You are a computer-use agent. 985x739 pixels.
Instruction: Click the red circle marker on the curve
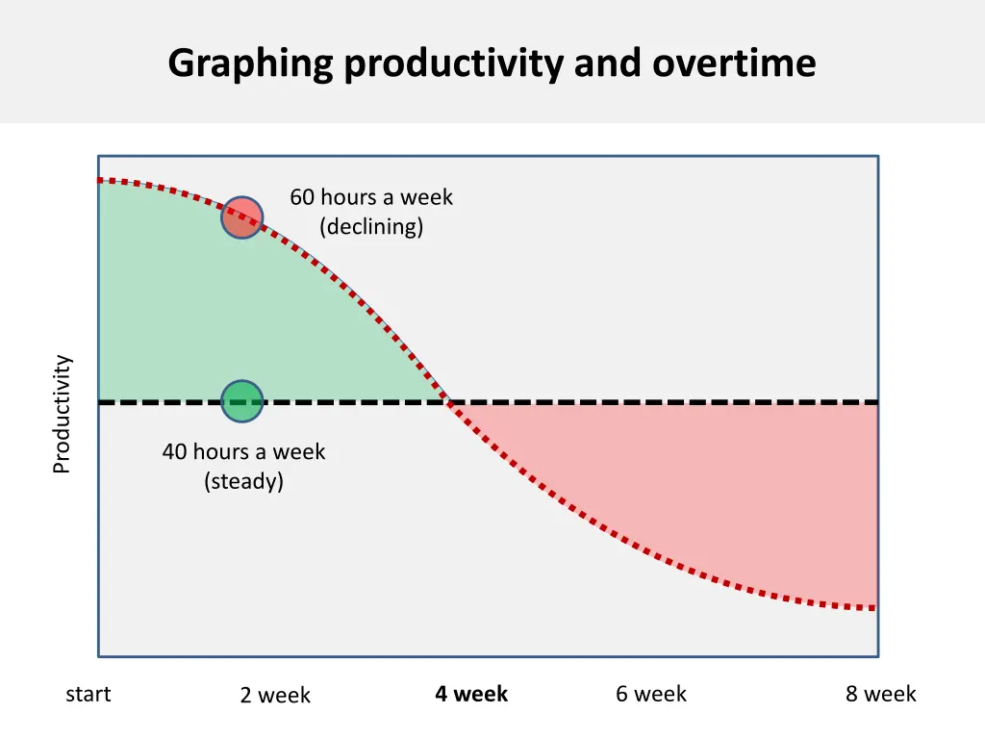241,217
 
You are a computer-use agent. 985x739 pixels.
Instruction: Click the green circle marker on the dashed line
241,401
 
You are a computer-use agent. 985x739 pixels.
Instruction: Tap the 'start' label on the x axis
88,694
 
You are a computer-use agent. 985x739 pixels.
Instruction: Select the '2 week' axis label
275,695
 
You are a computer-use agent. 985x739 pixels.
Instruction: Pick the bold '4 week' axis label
470,694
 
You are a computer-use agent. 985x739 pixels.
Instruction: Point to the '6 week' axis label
651,694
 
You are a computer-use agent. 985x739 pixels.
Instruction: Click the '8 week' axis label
880,694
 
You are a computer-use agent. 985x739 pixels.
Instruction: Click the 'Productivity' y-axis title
62,414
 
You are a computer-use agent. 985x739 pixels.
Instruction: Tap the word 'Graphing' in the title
249,64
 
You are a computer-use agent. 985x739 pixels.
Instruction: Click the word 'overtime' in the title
734,64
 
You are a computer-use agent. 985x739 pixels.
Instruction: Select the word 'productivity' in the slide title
453,64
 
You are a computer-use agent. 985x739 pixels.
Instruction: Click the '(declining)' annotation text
371,227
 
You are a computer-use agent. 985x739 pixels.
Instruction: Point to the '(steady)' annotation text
243,481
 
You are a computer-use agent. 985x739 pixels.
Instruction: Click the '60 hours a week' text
371,197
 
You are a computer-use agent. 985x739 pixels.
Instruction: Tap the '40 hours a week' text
243,451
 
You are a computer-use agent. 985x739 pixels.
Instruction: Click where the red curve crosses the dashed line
446,401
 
